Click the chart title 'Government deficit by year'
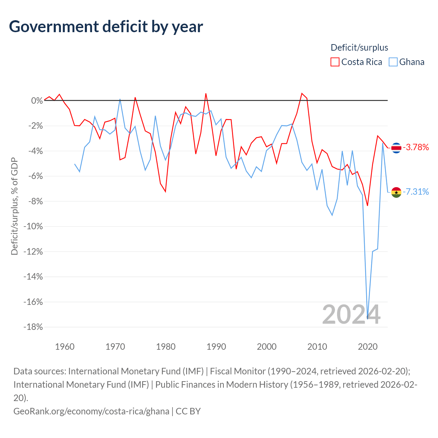106,27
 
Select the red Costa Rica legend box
335,62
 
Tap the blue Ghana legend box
393,62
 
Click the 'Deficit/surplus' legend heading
359,48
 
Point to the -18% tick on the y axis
33,327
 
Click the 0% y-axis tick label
37,101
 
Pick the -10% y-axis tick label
33,227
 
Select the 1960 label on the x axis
65,347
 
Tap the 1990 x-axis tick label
216,347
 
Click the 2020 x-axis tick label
368,347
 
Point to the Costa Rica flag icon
396,148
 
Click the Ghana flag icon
396,192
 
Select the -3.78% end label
416,147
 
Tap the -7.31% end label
416,192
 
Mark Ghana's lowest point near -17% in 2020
368,319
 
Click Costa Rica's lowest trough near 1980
166,192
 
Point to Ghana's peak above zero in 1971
120,99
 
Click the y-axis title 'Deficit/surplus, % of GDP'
15,206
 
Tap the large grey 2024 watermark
351,314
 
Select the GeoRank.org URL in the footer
91,411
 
